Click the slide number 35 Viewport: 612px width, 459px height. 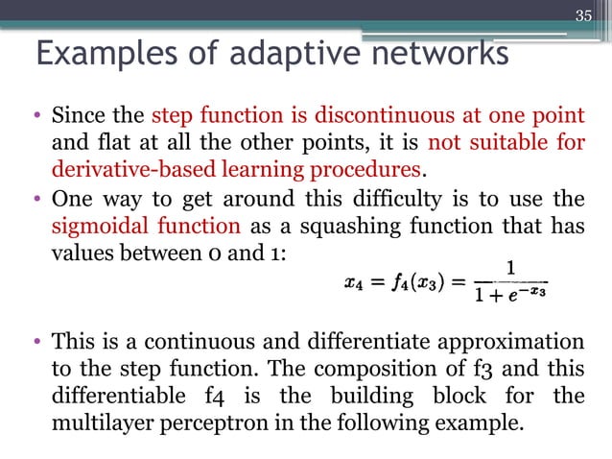[x=584, y=14]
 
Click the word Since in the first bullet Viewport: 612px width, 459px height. [x=74, y=118]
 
